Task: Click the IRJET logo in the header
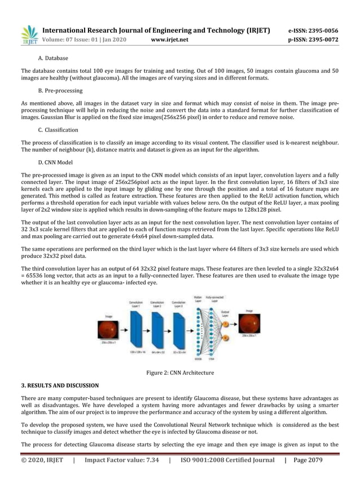28,35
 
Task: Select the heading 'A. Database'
53,58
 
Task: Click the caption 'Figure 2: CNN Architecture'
180,372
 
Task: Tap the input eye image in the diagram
109,327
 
